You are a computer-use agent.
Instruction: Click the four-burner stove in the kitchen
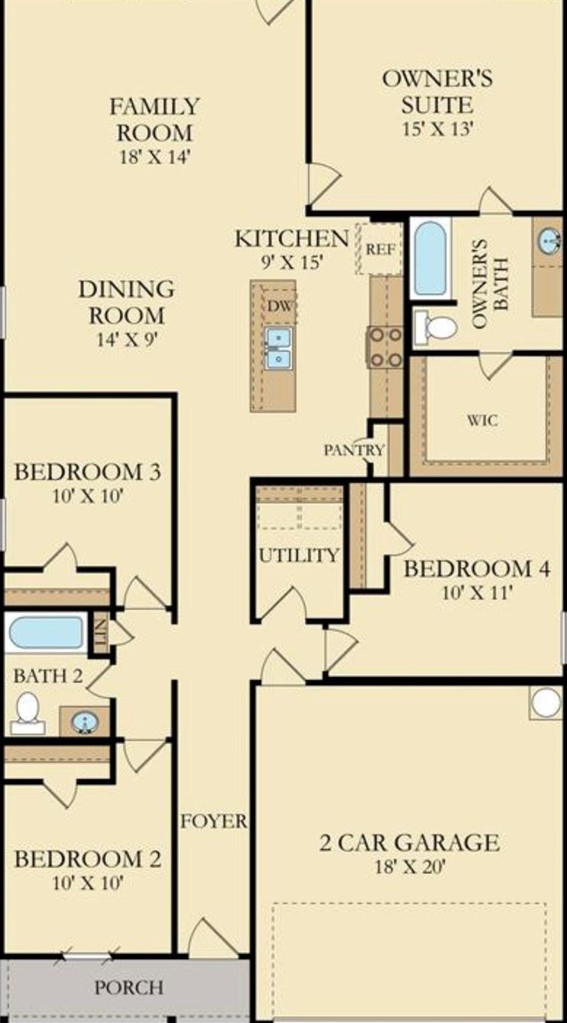pos(385,347)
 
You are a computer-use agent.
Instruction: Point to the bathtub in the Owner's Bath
pos(430,258)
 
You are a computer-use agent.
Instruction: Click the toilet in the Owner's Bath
pos(438,328)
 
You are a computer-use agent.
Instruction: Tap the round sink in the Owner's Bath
pos(549,241)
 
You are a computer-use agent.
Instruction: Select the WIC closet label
pos(482,420)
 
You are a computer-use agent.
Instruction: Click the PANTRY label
pos(354,450)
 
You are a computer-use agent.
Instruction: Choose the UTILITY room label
pos(299,555)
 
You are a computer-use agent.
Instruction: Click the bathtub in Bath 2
pos(47,632)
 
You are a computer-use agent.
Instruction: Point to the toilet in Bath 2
pos(27,712)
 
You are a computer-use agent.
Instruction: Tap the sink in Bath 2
pos(85,722)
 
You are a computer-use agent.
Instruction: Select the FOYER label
pos(214,821)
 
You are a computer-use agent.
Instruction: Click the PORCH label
pos(128,988)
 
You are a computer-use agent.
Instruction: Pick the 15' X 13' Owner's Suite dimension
pos(437,129)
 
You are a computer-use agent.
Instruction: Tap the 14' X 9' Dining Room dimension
pos(127,339)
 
